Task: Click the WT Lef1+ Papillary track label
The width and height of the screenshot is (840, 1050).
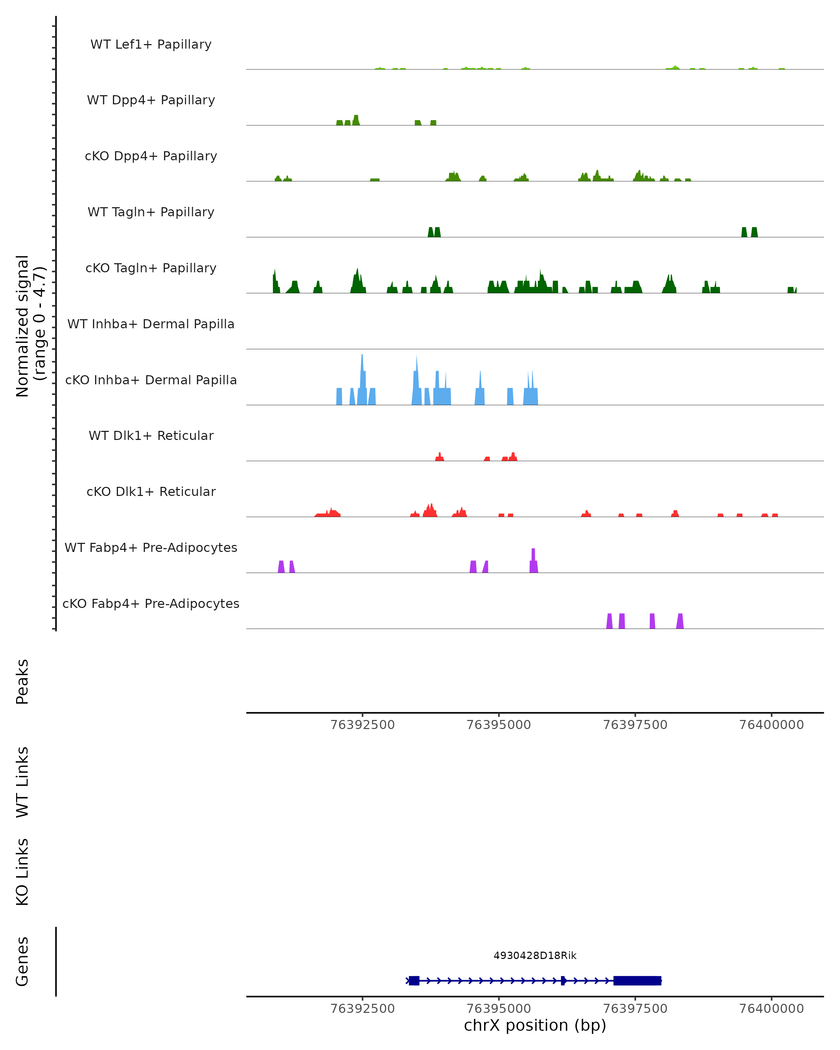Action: (x=151, y=44)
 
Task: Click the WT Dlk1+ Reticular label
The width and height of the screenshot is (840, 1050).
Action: (x=151, y=435)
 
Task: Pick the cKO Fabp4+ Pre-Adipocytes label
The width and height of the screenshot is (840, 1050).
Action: (x=151, y=603)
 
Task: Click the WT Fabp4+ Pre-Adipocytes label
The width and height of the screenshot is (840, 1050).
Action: (x=151, y=547)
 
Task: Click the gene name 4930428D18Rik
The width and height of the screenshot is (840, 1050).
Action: (x=535, y=955)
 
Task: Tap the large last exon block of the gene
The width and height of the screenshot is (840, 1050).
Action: (x=637, y=980)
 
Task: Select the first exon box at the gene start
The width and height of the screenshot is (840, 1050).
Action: (x=414, y=980)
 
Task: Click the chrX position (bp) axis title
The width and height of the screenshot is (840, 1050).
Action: (x=535, y=1025)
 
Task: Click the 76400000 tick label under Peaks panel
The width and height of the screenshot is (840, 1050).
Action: (x=771, y=725)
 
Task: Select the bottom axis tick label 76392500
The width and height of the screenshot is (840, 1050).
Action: (x=362, y=1009)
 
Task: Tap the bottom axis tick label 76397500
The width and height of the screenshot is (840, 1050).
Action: (x=635, y=1009)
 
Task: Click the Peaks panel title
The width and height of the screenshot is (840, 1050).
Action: (x=22, y=681)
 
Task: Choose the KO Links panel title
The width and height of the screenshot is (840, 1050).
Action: (x=22, y=872)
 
